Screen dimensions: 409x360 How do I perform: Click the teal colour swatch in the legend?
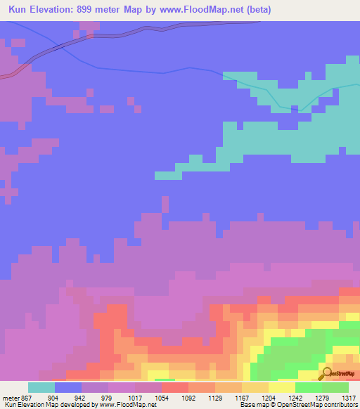(x=41, y=387)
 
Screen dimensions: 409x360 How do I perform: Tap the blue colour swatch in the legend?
(x=68, y=387)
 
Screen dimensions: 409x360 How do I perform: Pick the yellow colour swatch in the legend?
(x=282, y=387)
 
